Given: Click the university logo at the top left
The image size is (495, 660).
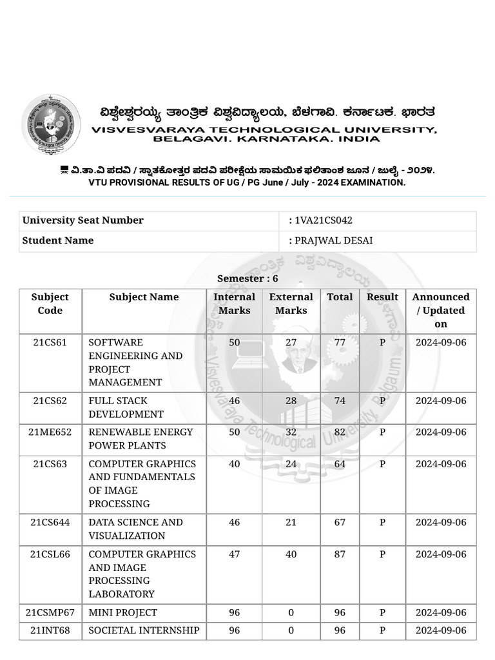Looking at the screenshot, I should click(51, 123).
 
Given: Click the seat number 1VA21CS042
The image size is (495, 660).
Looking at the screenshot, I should click(324, 220).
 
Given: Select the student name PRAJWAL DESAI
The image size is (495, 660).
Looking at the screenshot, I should click(334, 240).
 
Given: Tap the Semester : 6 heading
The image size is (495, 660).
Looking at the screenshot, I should click(247, 278).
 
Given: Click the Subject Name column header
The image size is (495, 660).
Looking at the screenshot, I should click(144, 297).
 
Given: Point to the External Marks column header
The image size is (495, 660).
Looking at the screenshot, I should click(291, 304).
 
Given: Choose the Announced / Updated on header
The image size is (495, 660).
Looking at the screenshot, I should click(440, 310).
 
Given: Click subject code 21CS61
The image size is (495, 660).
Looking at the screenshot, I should click(50, 342).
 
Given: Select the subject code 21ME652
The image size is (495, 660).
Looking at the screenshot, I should click(50, 432).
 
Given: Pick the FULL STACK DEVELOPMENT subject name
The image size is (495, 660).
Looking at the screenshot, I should click(126, 407).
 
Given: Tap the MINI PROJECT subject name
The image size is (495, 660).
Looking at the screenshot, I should click(122, 612).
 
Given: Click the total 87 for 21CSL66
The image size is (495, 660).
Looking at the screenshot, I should click(340, 554).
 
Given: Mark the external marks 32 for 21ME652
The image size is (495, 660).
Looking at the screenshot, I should click(291, 432).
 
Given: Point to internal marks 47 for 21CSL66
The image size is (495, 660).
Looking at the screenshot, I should click(234, 554).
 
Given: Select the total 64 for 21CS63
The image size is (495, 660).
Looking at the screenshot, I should click(340, 464).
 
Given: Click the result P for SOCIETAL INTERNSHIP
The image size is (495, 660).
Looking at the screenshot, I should click(382, 630).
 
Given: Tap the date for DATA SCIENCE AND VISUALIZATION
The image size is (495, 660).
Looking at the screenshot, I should click(440, 522).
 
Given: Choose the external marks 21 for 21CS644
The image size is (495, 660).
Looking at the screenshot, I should click(291, 522).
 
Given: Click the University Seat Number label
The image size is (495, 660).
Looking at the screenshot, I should click(82, 220).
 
